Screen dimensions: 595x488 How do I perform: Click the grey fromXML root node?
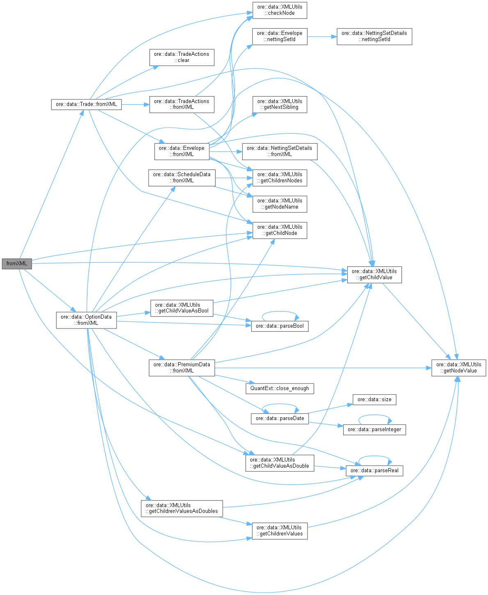[x=16, y=264]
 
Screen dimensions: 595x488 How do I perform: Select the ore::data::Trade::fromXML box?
[x=86, y=104]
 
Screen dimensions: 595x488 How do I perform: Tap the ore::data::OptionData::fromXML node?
[x=86, y=320]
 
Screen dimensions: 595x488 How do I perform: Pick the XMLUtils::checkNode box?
[x=280, y=10]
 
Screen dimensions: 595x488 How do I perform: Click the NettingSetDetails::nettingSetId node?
[x=374, y=37]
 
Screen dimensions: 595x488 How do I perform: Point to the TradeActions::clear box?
[x=181, y=57]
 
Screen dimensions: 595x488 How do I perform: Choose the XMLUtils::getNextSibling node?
[x=280, y=104]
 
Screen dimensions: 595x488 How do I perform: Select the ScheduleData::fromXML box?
[x=182, y=177]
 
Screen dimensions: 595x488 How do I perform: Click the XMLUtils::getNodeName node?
[x=280, y=204]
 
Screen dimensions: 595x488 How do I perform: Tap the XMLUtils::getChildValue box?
[x=374, y=274]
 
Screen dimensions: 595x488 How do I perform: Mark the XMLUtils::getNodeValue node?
[x=458, y=368]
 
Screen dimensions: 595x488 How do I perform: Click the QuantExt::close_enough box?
[x=280, y=388]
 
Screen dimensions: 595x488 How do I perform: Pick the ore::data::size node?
[x=374, y=400]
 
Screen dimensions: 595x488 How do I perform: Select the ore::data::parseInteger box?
[x=374, y=430]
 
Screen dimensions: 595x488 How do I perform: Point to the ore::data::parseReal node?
[x=374, y=471]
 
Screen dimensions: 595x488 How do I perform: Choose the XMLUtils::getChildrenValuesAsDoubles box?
[x=182, y=508]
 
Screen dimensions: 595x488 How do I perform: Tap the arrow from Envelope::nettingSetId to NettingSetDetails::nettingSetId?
[x=322, y=37]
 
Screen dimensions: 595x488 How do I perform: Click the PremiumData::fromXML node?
[x=181, y=368]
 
